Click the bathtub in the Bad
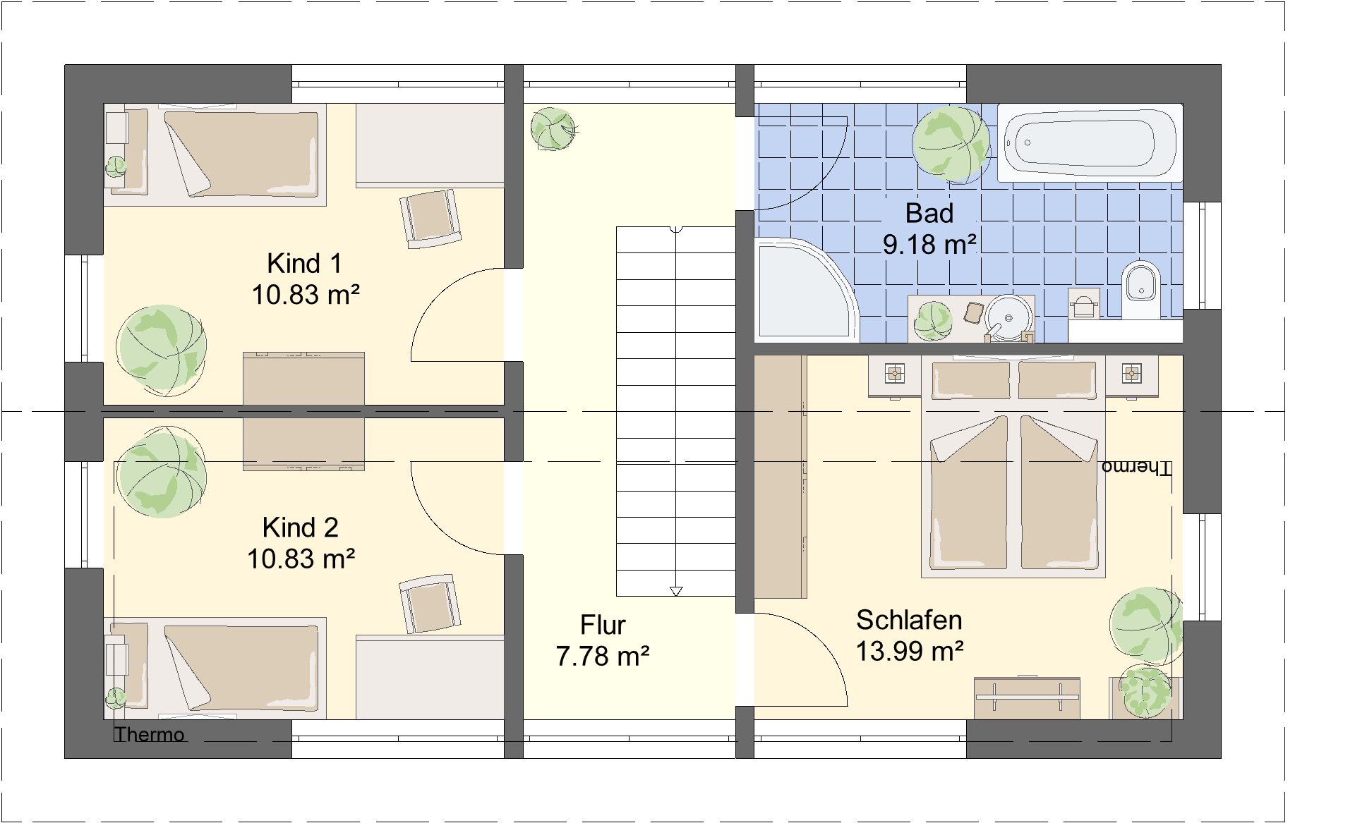(x=1090, y=143)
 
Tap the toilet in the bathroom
(x=1140, y=290)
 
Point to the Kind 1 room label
(x=304, y=264)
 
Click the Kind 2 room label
(x=301, y=528)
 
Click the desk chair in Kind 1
(x=430, y=218)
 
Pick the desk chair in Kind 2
(x=430, y=604)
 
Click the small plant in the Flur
(x=553, y=128)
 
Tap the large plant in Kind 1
(x=162, y=350)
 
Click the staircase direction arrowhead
(x=676, y=591)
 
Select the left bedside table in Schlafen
(x=894, y=375)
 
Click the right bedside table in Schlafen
(x=1131, y=375)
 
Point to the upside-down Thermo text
(x=1136, y=468)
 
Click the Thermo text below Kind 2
(x=150, y=735)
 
